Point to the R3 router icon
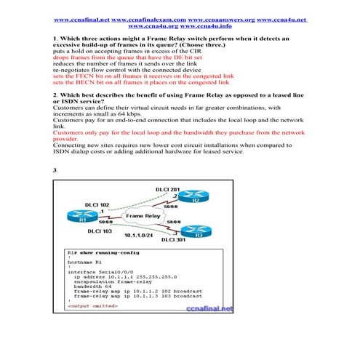196,234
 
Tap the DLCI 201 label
167,189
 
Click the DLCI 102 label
97,205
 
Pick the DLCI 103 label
99,231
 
